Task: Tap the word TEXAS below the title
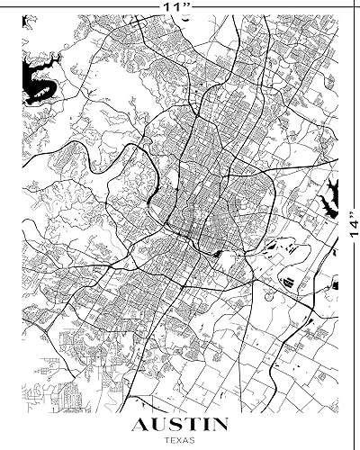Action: (x=178, y=440)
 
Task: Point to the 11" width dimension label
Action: (x=175, y=5)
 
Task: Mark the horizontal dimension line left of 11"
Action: (x=81, y=5)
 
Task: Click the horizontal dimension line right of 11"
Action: (x=270, y=5)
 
